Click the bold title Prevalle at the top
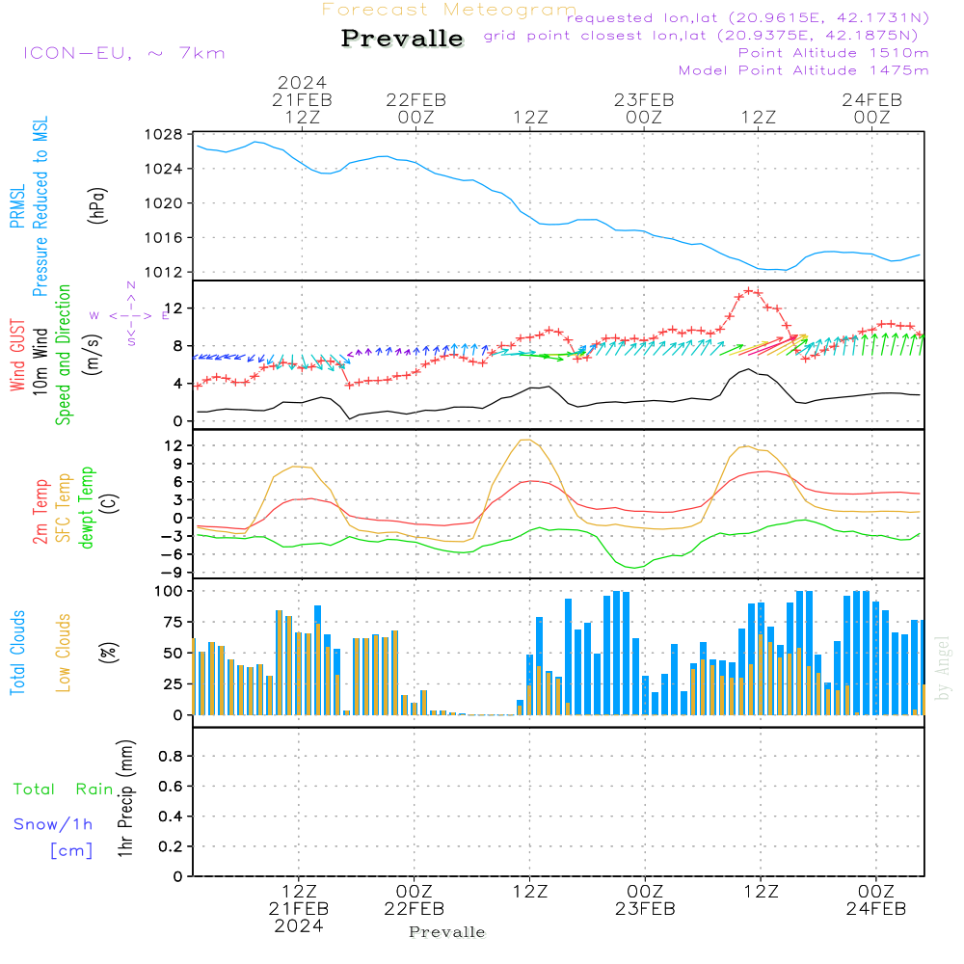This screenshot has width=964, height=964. pos(402,40)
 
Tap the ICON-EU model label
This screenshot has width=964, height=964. pos(123,53)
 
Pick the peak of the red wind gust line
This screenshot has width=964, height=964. pos(750,290)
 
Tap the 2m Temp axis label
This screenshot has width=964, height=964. pos(41,511)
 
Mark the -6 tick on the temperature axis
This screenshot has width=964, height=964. pos(175,553)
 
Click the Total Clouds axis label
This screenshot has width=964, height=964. pos(18,652)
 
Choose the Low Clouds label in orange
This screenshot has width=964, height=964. pos(64,652)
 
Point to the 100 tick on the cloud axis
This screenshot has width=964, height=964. pos(171,591)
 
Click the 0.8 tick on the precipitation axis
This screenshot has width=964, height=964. pos(170,758)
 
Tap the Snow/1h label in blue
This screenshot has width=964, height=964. pos(53,824)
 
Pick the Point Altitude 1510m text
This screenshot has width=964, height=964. pos(833,53)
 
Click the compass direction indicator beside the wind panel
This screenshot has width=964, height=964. pos(131,315)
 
